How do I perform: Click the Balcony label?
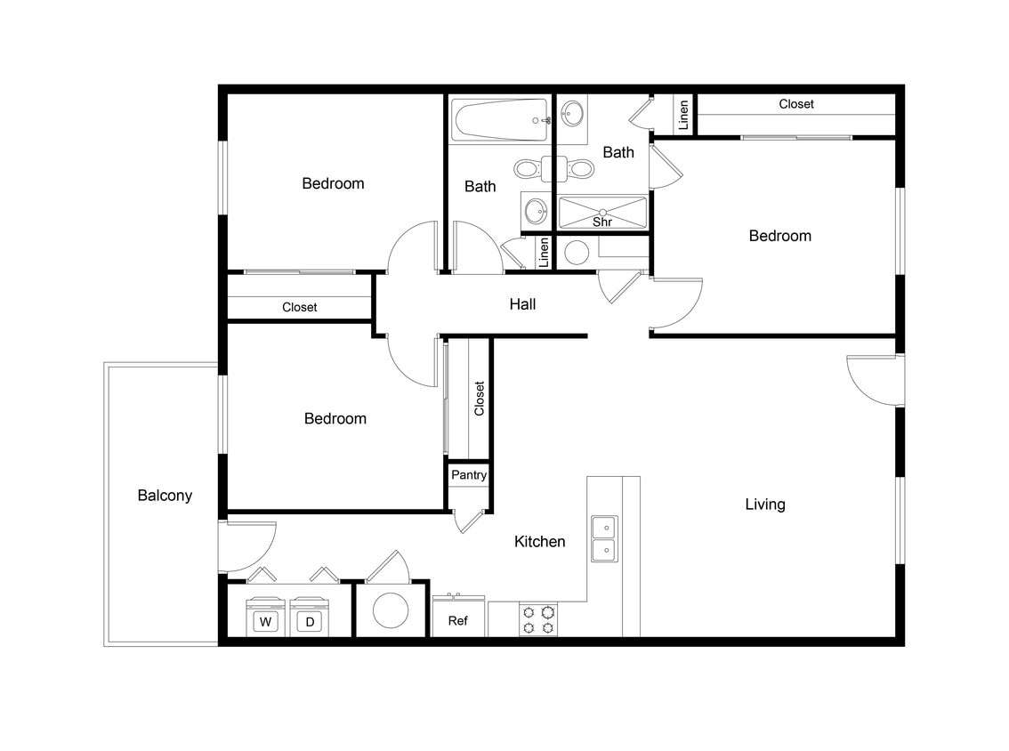[x=165, y=496]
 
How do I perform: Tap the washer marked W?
[x=264, y=621]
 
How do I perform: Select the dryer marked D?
[x=310, y=621]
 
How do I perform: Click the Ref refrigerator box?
[x=458, y=619]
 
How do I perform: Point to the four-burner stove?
[x=538, y=619]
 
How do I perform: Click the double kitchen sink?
[x=605, y=538]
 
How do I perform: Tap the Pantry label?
[x=469, y=475]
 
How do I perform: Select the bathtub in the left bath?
[x=499, y=120]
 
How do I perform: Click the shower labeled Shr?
[x=602, y=214]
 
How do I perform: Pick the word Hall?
[x=522, y=304]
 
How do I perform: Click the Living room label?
[x=765, y=505]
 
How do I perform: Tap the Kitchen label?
[x=540, y=541]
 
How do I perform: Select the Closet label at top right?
[x=796, y=104]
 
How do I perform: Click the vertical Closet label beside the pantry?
[x=480, y=399]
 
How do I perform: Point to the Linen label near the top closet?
[x=683, y=115]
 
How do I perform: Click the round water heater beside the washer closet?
[x=391, y=610]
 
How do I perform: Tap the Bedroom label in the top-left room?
[x=334, y=183]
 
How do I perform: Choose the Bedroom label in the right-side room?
[x=780, y=236]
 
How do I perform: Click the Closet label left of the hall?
[x=300, y=307]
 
